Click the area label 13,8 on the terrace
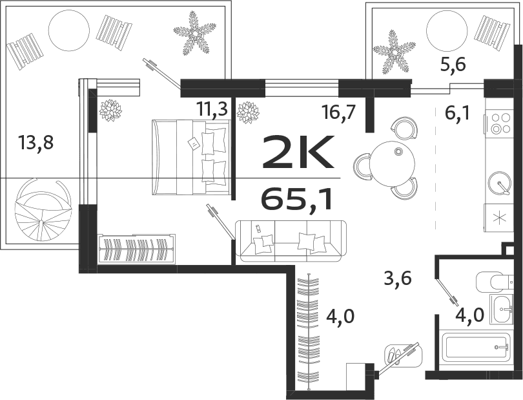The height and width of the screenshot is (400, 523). [x=36, y=143]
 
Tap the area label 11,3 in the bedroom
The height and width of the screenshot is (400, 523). [x=212, y=109]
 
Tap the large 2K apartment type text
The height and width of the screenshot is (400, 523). [x=298, y=153]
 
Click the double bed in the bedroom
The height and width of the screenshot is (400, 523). [x=192, y=157]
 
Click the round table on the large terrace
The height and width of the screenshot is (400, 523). [x=68, y=31]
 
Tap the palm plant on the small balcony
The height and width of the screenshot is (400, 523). [x=393, y=52]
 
